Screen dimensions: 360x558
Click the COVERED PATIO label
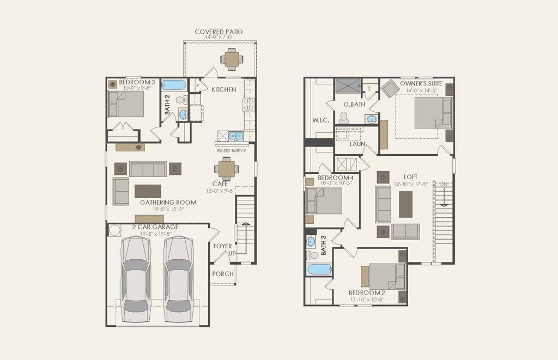point(219,32)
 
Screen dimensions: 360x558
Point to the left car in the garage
point(135,279)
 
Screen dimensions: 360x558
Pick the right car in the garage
point(178,279)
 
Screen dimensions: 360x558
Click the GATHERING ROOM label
point(168,203)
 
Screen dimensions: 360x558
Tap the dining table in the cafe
point(227,168)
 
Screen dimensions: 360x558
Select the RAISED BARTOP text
point(231,150)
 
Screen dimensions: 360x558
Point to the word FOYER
point(222,246)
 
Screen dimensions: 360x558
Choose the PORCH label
point(222,273)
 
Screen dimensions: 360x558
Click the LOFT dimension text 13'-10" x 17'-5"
point(411,184)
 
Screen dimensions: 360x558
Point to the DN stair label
point(445,184)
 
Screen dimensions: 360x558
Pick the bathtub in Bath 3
point(318,270)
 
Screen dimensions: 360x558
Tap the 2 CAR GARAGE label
point(155,227)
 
